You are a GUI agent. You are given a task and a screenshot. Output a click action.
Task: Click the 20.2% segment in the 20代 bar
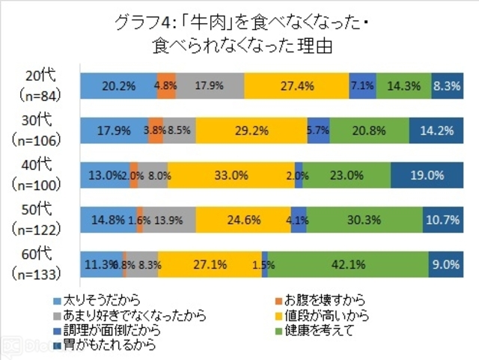(118, 86)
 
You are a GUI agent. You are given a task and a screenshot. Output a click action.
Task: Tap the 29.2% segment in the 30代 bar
(251, 130)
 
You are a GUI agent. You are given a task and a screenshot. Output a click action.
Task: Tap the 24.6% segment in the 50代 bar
(243, 220)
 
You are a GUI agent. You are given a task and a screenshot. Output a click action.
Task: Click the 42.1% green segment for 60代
(347, 264)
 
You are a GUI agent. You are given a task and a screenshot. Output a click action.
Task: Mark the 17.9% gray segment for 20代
(210, 86)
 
